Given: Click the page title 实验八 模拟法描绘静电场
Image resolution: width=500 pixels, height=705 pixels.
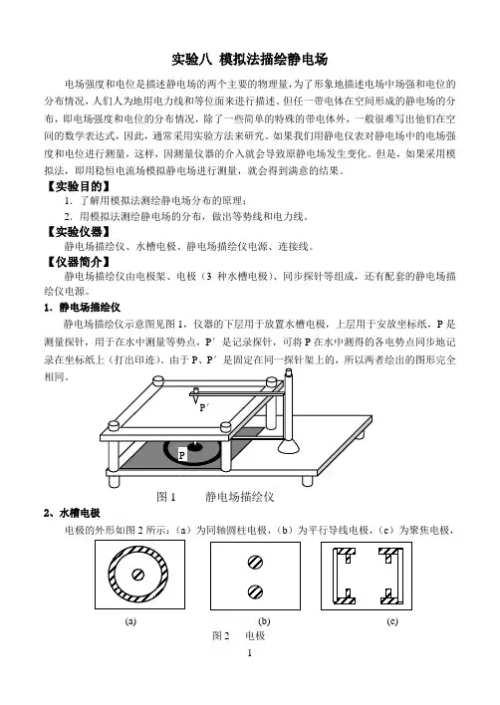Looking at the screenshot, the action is click(250, 60).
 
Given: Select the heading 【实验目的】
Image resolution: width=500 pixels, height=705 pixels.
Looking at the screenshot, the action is click(79, 186).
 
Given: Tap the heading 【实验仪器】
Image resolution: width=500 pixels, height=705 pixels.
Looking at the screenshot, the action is click(79, 232).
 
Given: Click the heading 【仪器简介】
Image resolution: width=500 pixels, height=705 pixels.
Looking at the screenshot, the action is click(79, 262).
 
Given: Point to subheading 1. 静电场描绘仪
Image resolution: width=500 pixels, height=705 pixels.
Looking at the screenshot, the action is click(83, 308).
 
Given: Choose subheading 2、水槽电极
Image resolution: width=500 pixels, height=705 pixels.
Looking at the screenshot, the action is click(72, 513).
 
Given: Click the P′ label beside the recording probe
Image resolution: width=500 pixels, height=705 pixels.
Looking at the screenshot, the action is click(204, 408).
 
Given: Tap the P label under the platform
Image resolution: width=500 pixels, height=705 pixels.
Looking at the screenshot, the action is click(181, 455).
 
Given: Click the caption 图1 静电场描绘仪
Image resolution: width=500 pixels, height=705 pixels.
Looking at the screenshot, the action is click(215, 496).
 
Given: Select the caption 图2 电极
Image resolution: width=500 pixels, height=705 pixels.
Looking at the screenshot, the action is click(239, 635).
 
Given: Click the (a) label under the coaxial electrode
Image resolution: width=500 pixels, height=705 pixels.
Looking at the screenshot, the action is click(130, 621).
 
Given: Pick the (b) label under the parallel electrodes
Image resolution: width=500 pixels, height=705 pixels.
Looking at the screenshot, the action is click(264, 621).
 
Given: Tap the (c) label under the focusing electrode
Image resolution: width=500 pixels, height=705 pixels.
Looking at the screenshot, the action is click(392, 621).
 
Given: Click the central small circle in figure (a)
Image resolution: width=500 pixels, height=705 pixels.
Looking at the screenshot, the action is click(138, 575).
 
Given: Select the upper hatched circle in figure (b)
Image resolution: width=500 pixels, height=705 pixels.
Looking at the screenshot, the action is click(255, 562).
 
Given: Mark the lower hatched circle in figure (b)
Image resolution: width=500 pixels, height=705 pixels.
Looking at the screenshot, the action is click(255, 591).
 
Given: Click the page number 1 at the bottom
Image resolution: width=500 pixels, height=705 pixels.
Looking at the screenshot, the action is click(250, 653).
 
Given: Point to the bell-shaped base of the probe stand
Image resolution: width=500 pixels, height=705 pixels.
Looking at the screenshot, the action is click(288, 446).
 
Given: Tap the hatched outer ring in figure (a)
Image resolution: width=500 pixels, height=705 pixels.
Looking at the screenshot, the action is click(112, 575).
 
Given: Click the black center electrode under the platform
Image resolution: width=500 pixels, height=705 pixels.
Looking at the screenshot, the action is click(194, 446).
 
